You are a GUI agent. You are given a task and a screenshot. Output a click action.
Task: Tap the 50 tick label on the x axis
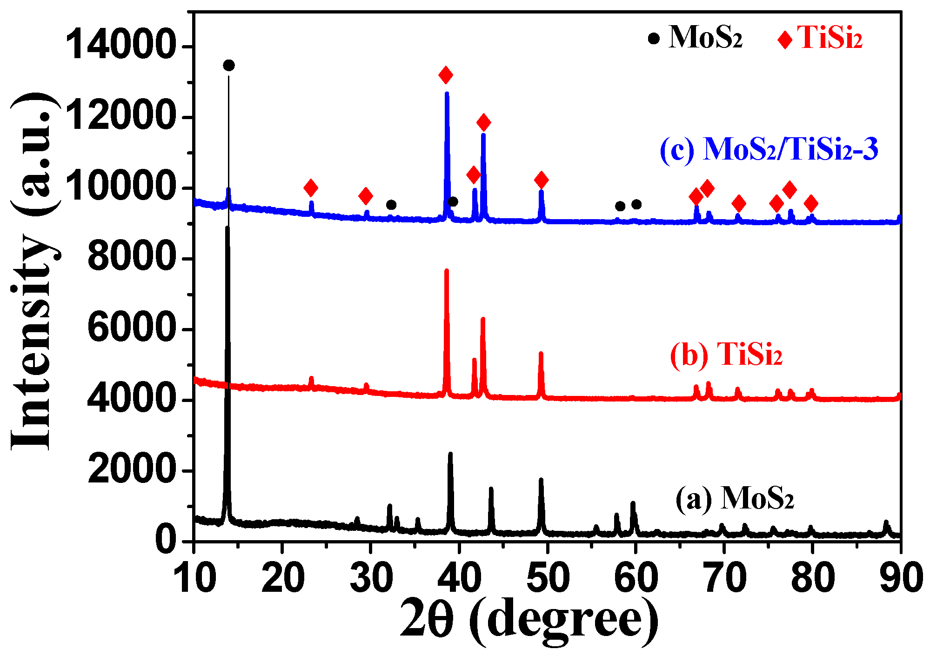(548, 578)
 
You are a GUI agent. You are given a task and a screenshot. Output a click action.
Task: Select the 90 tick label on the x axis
(901, 578)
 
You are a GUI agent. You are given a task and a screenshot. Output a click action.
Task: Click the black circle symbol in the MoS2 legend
(654, 38)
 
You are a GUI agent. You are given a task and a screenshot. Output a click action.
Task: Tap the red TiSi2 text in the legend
(830, 37)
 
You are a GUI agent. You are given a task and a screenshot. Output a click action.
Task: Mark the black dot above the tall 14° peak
(229, 65)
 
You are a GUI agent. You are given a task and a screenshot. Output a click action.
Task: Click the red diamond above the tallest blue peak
(446, 75)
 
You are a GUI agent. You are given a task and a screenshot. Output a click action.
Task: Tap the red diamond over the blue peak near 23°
(311, 188)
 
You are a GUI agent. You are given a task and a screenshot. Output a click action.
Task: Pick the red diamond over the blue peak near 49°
(541, 180)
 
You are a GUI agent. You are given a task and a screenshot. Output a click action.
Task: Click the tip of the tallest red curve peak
(447, 271)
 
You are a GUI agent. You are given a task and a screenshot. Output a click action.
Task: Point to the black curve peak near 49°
(541, 480)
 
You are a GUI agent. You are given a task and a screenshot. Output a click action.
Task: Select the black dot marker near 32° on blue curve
(391, 205)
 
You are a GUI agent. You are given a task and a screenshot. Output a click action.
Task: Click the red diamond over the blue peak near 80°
(811, 203)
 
